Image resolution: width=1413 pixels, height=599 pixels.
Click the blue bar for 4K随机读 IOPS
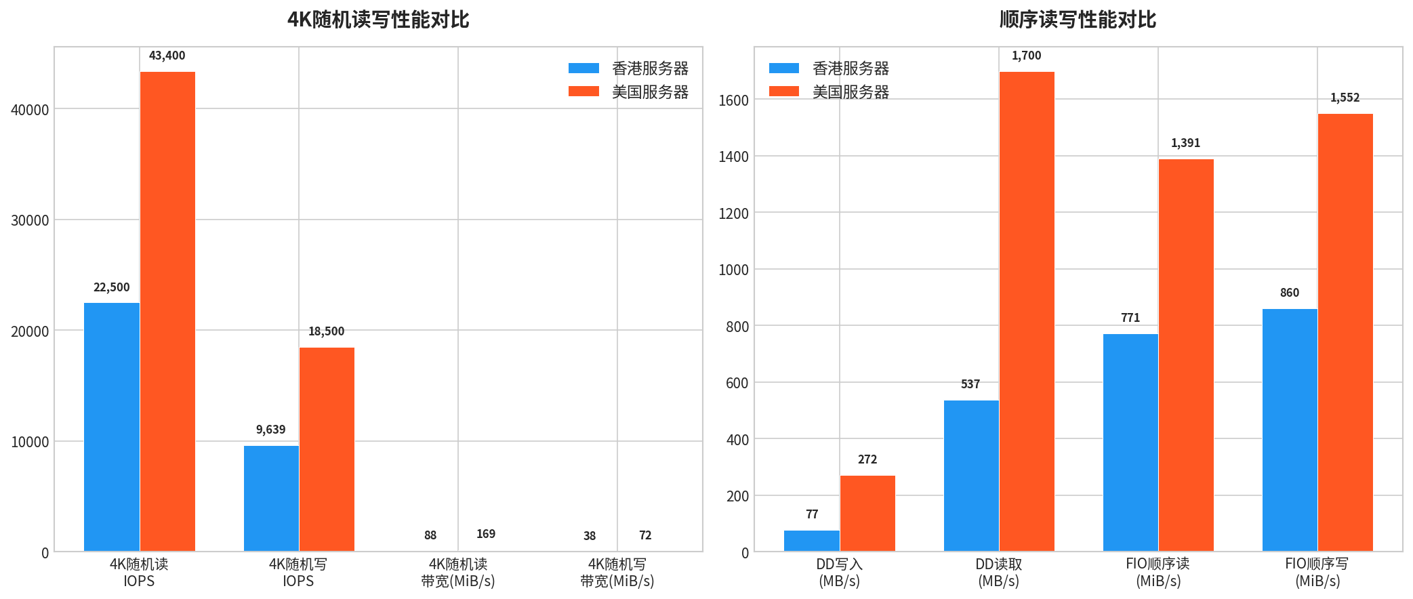(112, 427)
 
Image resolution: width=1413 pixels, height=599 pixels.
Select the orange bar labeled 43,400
(167, 312)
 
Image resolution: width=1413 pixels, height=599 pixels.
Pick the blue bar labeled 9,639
(271, 498)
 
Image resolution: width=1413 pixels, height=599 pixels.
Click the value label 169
(486, 534)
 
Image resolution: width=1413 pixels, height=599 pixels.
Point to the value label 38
(590, 536)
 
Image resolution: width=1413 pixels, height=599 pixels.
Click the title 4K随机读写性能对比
(378, 20)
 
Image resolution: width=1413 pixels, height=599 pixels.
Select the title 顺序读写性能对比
(1078, 20)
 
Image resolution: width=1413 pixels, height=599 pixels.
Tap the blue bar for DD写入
(812, 541)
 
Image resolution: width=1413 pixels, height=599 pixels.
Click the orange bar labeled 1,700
(1027, 312)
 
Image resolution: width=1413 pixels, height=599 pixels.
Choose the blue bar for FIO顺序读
(1130, 442)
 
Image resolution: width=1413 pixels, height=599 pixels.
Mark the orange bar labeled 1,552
(1345, 332)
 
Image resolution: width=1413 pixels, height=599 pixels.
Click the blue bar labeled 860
(1290, 430)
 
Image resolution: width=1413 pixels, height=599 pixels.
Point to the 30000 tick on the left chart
(30, 220)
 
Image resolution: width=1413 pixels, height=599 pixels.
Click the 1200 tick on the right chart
(733, 213)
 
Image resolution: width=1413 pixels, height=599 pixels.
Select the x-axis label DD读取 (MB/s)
(998, 573)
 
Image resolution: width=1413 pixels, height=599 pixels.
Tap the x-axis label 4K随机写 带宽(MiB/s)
(617, 573)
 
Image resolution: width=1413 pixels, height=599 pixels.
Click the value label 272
(867, 459)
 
